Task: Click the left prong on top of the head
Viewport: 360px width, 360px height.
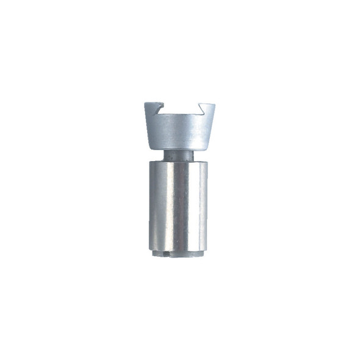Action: coord(152,109)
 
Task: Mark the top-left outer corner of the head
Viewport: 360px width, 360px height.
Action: coord(145,103)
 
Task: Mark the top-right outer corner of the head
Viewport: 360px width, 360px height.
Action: coord(215,103)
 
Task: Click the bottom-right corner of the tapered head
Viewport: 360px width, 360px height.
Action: coord(207,148)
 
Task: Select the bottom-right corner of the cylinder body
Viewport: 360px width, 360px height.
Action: coord(207,247)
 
